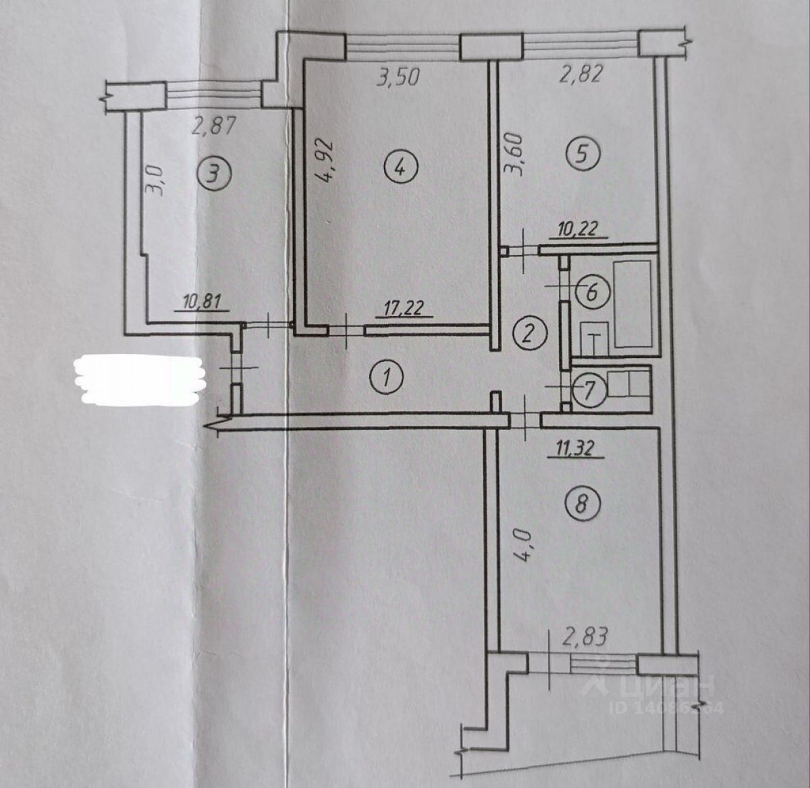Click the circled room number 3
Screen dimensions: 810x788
213,175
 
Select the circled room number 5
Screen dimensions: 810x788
585,155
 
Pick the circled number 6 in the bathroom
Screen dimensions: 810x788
592,293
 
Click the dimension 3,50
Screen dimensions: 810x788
398,76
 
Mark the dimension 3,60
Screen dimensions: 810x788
516,154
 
